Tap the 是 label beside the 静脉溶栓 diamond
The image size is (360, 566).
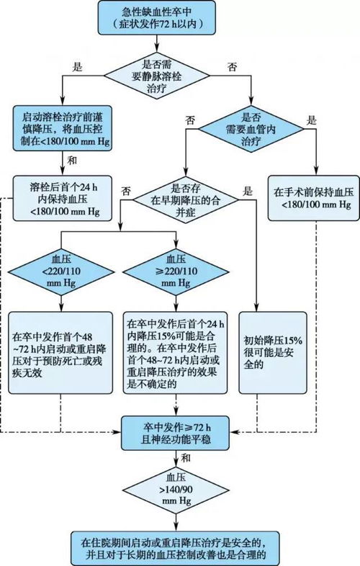pos(78,66)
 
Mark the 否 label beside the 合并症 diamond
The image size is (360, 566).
pos(127,191)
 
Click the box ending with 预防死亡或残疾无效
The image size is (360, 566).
pos(61,352)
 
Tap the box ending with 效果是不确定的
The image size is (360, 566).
pos(176,352)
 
